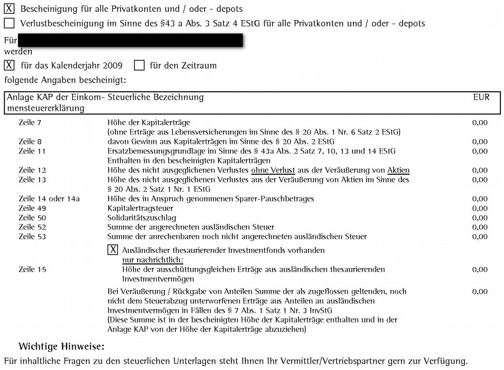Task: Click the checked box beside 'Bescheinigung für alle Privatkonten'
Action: [x=9, y=9]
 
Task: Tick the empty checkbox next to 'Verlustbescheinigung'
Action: [x=9, y=23]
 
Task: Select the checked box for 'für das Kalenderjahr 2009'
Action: [x=9, y=65]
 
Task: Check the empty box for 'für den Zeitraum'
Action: [x=139, y=65]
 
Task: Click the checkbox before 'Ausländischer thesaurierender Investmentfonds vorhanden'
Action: [x=112, y=250]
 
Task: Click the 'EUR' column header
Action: [x=481, y=97]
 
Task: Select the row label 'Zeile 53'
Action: [x=34, y=237]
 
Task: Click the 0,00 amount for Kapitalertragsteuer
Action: [x=479, y=208]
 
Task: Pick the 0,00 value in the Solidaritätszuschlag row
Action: [x=479, y=217]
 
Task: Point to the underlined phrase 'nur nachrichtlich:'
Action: [x=153, y=260]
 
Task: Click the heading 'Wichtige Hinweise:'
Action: [x=61, y=346]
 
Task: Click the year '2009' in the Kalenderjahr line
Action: [x=112, y=65]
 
